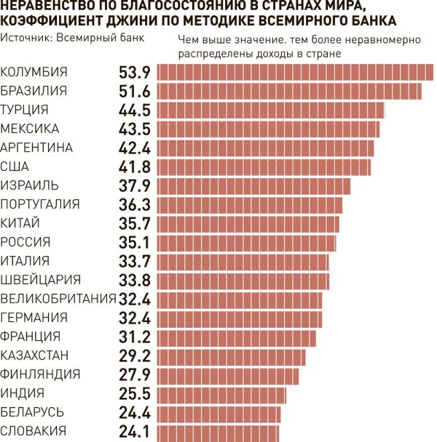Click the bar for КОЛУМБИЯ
click(x=295, y=72)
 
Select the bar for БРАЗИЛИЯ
click(x=289, y=91)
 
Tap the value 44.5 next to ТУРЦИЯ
click(x=134, y=110)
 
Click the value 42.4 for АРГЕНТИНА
click(x=134, y=148)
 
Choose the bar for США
click(x=264, y=166)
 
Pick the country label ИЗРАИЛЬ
click(x=30, y=185)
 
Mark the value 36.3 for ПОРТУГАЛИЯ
click(x=134, y=204)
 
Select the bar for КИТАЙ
click(x=248, y=223)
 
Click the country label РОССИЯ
click(x=25, y=242)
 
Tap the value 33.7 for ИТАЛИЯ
click(x=134, y=261)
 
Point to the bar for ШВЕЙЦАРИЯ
click(x=243, y=280)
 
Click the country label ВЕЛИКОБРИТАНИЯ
click(x=58, y=299)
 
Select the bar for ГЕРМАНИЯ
click(x=240, y=318)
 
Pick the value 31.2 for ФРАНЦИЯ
click(x=134, y=337)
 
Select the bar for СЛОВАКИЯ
click(x=218, y=432)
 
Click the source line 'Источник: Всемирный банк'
click(x=73, y=36)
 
